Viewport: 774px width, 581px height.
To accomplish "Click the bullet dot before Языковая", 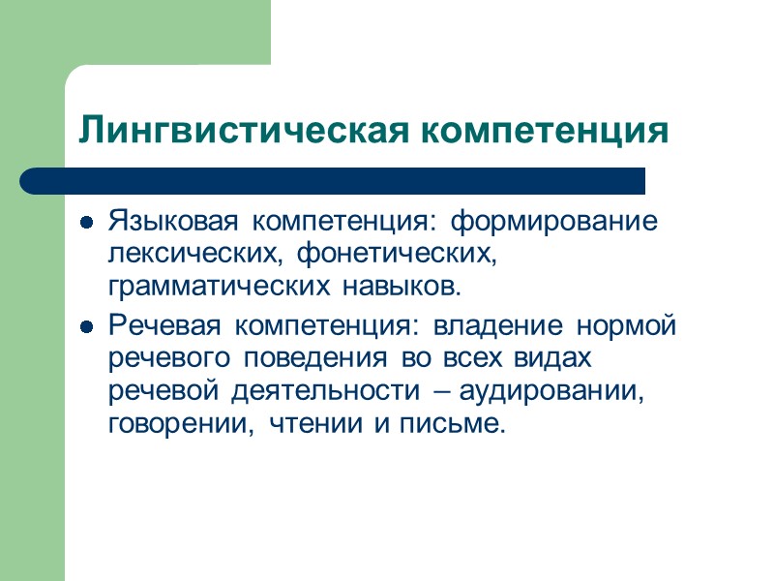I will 87,223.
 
